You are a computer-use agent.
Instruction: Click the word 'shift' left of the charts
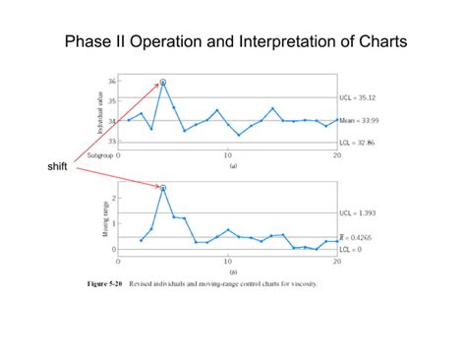tap(57, 166)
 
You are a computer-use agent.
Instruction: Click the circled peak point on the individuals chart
tap(163, 83)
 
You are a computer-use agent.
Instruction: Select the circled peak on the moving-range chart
tap(163, 187)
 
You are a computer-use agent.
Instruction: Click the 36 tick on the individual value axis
tap(110, 81)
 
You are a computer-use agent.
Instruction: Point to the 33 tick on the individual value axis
tap(110, 142)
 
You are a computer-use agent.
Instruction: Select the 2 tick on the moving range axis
tap(114, 198)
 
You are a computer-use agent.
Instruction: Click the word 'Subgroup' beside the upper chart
tap(99, 155)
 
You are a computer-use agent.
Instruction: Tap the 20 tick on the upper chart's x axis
tap(336, 155)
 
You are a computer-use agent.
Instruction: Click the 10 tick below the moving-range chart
tap(228, 263)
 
